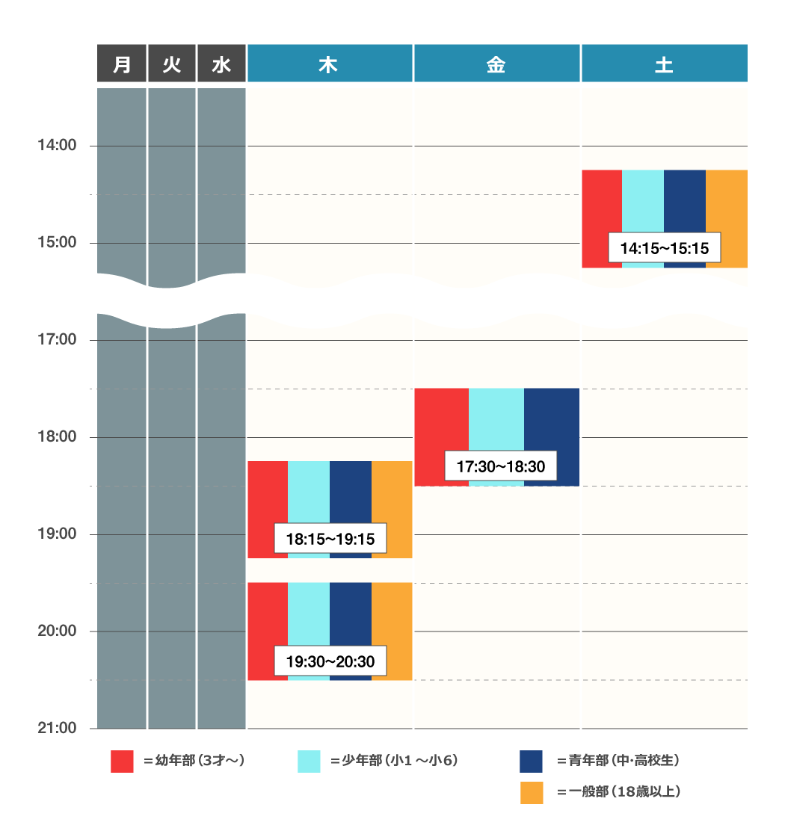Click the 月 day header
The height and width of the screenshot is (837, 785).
point(121,64)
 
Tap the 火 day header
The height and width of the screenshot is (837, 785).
point(171,64)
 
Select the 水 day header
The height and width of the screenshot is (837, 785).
point(221,64)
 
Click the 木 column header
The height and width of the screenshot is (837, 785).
point(330,64)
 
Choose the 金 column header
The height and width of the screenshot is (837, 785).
point(496,64)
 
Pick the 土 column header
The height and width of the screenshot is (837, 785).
point(664,64)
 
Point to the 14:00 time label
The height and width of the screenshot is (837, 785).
point(57,145)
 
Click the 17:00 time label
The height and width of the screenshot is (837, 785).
point(57,340)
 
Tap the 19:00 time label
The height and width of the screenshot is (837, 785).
point(57,534)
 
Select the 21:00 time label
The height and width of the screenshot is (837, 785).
point(57,728)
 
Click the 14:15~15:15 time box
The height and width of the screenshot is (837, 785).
point(664,247)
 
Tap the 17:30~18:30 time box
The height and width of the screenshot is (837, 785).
point(496,467)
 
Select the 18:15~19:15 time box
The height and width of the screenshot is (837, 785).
point(330,538)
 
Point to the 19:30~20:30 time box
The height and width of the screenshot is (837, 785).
point(330,661)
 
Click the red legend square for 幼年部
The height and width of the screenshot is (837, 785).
point(122,761)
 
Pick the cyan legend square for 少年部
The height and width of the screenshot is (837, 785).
point(309,761)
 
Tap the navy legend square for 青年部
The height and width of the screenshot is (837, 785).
point(531,761)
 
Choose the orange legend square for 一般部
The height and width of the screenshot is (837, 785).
point(531,792)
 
